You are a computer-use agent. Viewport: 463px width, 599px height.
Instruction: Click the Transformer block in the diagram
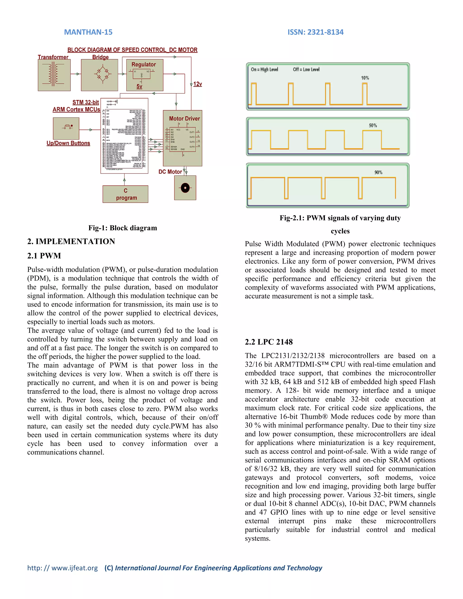[x=54, y=75]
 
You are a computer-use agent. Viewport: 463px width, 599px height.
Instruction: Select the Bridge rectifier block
[x=99, y=75]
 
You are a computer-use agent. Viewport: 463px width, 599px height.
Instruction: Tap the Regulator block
[x=144, y=75]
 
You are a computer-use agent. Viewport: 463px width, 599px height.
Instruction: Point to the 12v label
[x=198, y=84]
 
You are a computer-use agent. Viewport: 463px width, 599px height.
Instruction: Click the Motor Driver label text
[x=184, y=118]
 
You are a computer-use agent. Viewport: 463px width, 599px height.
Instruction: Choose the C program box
[x=125, y=194]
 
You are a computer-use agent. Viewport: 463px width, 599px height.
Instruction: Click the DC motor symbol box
[x=185, y=188]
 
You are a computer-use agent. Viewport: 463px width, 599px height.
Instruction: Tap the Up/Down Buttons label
[x=68, y=143]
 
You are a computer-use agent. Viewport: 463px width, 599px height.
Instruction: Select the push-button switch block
[x=66, y=128]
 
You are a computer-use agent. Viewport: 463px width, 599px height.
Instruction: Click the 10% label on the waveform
[x=365, y=78]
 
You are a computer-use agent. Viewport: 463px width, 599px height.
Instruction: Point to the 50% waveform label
[x=373, y=125]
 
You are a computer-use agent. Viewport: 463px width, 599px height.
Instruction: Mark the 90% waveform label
[x=378, y=172]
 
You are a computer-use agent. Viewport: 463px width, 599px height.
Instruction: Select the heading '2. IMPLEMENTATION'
[x=71, y=241]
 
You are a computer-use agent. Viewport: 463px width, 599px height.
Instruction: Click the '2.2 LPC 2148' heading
[x=269, y=342]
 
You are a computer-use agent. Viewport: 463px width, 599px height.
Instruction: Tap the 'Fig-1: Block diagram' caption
[x=123, y=228]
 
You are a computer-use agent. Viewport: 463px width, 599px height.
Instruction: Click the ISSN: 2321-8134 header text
[x=315, y=32]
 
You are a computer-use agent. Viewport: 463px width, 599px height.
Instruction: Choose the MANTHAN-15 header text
[x=88, y=32]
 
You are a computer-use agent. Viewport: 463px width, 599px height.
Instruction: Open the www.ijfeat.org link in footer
[x=63, y=568]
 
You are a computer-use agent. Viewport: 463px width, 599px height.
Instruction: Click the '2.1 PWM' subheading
[x=44, y=256]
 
